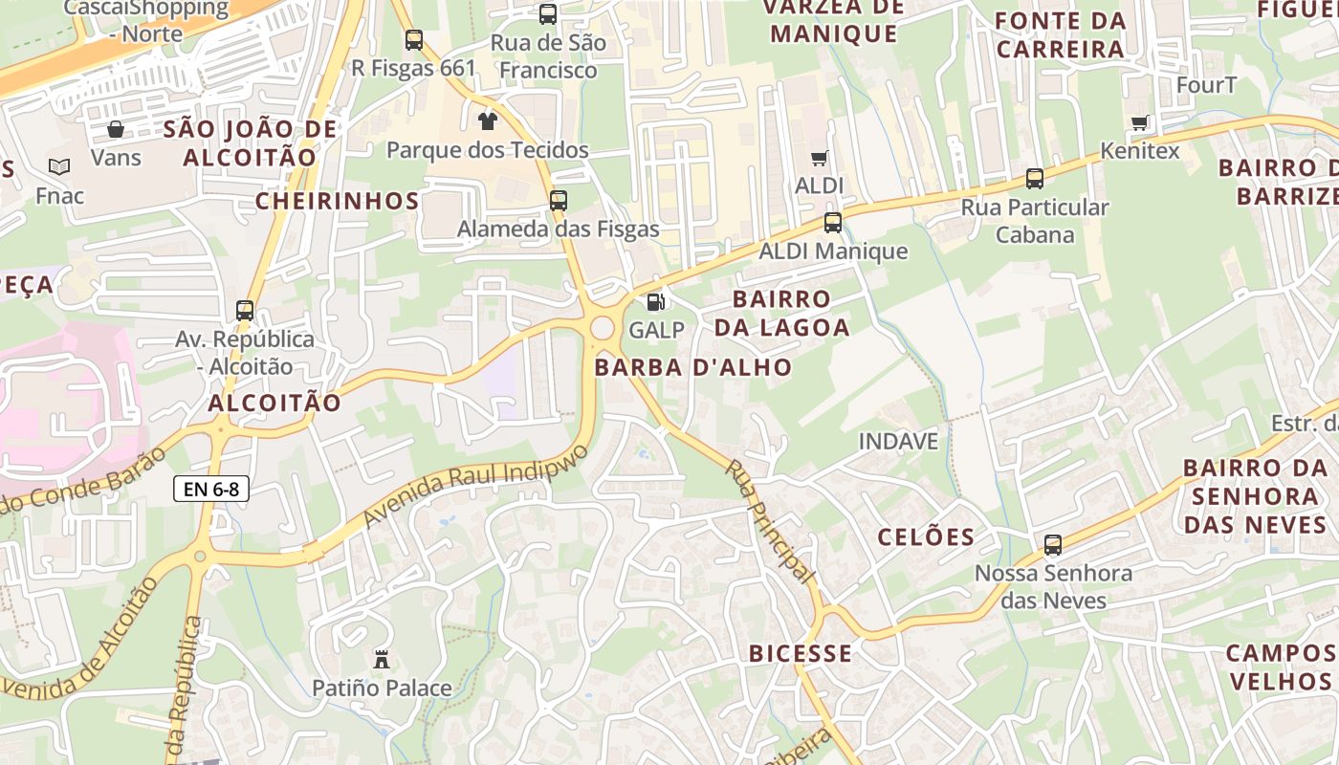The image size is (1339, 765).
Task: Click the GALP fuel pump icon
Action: pyautogui.click(x=655, y=302)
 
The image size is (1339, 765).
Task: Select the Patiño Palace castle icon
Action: pyautogui.click(x=382, y=659)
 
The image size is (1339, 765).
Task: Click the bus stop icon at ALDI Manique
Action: pyautogui.click(x=833, y=223)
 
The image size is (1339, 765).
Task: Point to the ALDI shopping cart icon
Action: pyautogui.click(x=819, y=158)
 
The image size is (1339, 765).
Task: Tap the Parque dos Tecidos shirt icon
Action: pyautogui.click(x=488, y=120)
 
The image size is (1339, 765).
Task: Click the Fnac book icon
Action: pyautogui.click(x=59, y=167)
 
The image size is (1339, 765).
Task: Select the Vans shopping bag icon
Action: pyautogui.click(x=116, y=129)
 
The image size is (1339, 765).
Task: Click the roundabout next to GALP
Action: pyautogui.click(x=602, y=329)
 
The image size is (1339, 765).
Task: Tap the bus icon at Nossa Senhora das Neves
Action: pyautogui.click(x=1053, y=545)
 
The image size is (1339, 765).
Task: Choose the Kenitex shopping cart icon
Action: pyautogui.click(x=1139, y=122)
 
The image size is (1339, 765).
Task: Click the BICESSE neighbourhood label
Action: pyautogui.click(x=801, y=654)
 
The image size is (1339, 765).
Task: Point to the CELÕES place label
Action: pyautogui.click(x=926, y=536)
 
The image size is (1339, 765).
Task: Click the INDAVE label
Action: pyautogui.click(x=898, y=442)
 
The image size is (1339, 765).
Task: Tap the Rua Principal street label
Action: pyautogui.click(x=768, y=521)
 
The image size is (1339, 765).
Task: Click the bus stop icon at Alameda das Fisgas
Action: pyautogui.click(x=559, y=201)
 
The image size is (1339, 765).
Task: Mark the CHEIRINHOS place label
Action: pyautogui.click(x=337, y=201)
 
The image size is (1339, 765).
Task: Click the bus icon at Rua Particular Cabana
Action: pyautogui.click(x=1034, y=179)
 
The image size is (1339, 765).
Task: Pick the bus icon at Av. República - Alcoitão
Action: pyautogui.click(x=245, y=311)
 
